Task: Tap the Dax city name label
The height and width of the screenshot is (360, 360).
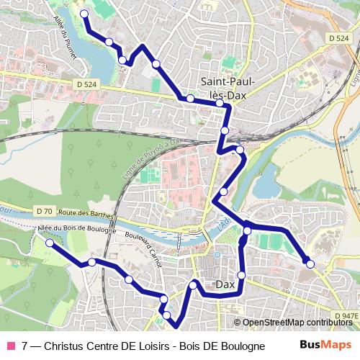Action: click(x=226, y=285)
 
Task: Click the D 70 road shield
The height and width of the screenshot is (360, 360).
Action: click(x=43, y=212)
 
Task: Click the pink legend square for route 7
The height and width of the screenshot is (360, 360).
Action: click(x=10, y=346)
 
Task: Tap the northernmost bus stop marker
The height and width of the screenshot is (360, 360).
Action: click(x=84, y=14)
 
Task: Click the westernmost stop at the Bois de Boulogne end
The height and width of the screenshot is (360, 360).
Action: click(x=50, y=243)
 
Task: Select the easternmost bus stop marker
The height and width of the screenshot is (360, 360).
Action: click(x=310, y=264)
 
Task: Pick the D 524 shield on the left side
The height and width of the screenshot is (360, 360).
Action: click(x=86, y=84)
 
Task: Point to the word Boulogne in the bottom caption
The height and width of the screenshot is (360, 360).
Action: click(x=241, y=346)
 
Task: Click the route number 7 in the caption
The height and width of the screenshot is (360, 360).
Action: click(x=25, y=346)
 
